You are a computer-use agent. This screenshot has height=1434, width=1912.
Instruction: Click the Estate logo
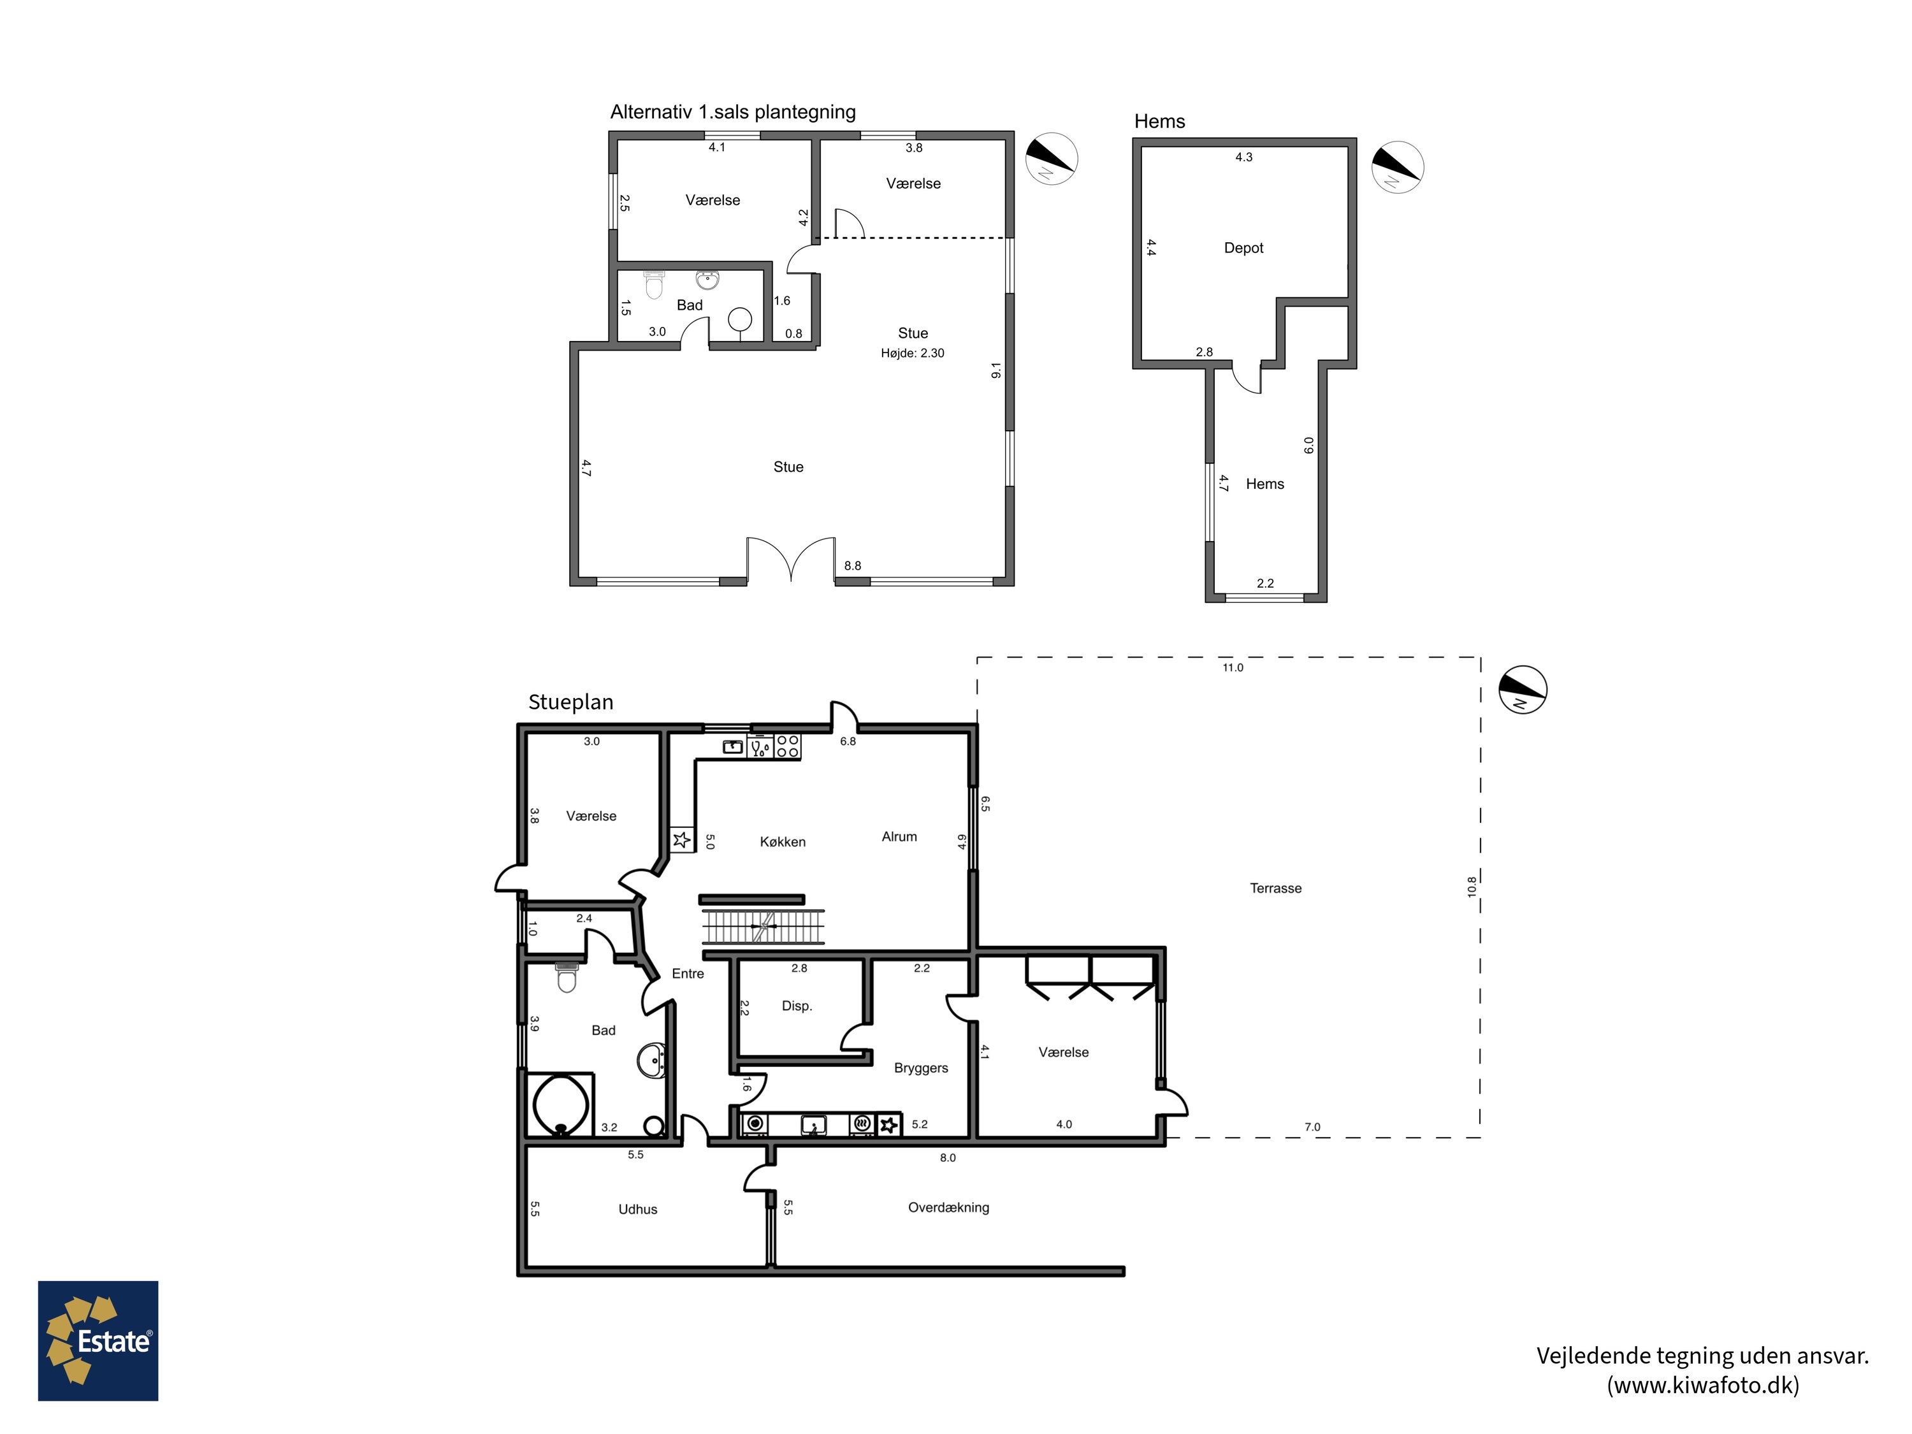(98, 1341)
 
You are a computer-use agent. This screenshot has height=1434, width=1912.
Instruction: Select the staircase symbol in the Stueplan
(762, 926)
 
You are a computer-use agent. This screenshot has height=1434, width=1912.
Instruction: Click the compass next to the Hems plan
(1398, 167)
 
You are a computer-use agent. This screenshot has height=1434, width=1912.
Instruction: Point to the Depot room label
(1243, 248)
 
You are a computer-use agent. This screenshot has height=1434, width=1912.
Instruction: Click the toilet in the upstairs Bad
(655, 284)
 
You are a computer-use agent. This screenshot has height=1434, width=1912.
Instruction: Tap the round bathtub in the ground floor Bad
(560, 1104)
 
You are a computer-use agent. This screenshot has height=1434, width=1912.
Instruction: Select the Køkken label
(782, 842)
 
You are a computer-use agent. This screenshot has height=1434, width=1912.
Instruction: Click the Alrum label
(899, 837)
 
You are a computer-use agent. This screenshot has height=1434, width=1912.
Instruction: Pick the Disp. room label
(797, 1006)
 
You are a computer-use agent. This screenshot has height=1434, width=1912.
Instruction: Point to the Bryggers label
(920, 1068)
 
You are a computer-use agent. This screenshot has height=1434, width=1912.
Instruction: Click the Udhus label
(638, 1209)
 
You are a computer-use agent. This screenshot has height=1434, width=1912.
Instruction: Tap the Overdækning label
(948, 1208)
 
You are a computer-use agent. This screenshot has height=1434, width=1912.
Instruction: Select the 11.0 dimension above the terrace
(1233, 667)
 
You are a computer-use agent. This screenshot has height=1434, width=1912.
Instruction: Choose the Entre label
(688, 973)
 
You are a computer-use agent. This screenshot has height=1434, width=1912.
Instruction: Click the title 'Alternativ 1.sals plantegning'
(733, 112)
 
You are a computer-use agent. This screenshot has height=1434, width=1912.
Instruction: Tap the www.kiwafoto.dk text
(1703, 1385)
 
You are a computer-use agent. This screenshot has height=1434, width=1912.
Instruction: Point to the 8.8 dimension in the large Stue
(852, 566)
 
